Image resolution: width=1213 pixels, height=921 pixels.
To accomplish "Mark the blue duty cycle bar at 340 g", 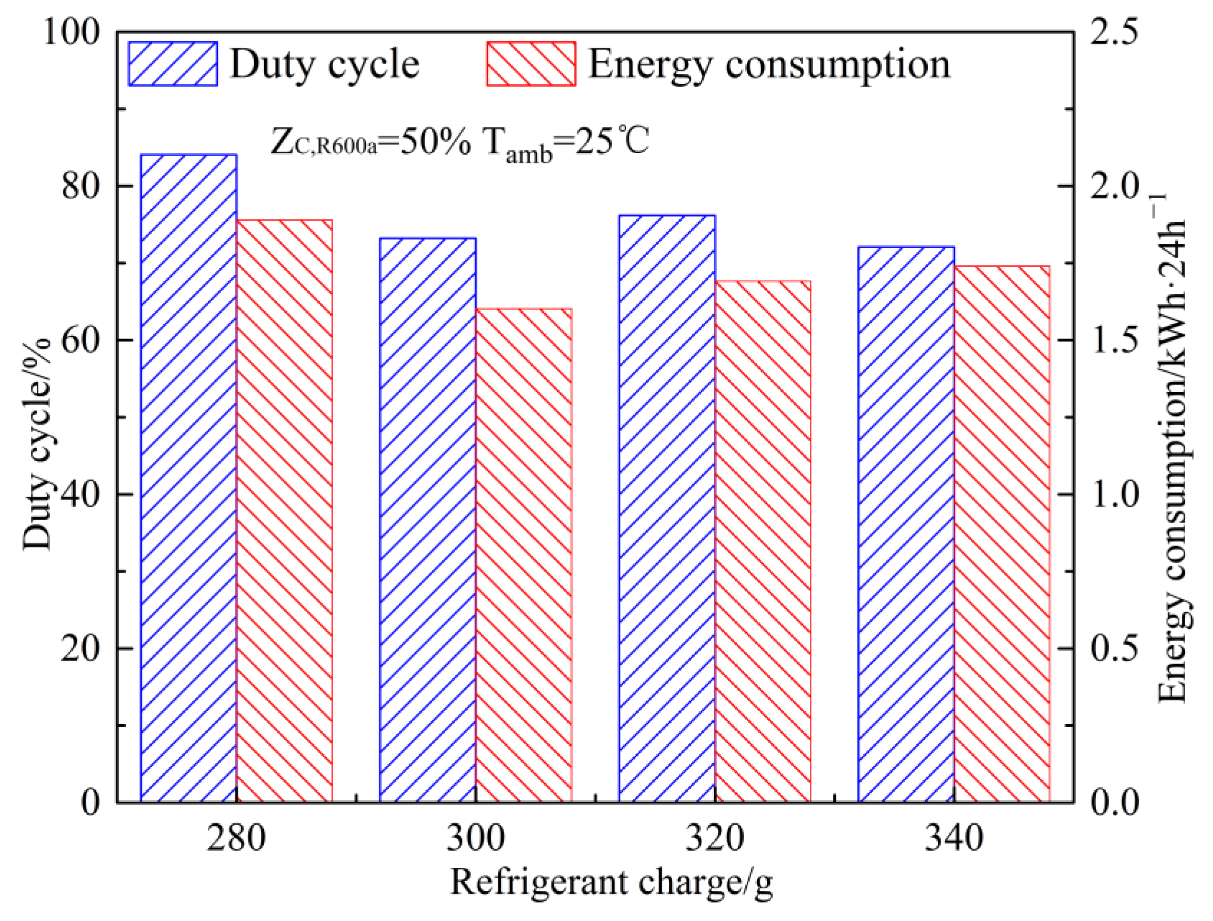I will click(x=906, y=524).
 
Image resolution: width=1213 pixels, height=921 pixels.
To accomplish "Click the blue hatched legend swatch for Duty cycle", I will click(x=173, y=64).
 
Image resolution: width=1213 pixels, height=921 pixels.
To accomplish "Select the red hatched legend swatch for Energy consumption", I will click(x=531, y=64).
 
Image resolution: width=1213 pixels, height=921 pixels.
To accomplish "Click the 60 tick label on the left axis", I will click(x=80, y=340).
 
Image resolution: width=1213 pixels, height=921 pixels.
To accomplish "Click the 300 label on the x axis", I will click(x=475, y=838).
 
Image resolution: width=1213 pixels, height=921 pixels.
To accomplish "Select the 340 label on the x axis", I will click(x=954, y=838).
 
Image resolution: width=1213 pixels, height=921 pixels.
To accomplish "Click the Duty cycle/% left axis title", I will click(x=37, y=444).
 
